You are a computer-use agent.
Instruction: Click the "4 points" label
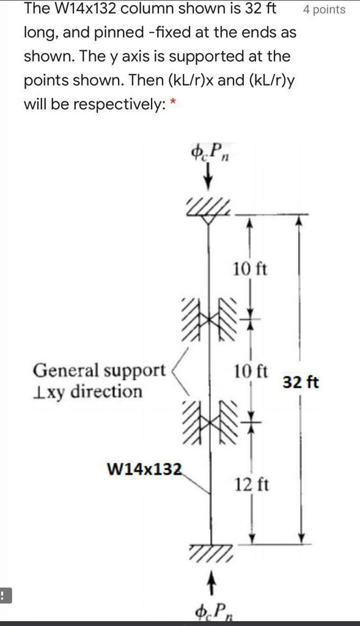(324, 9)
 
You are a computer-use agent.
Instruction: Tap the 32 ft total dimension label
(300, 383)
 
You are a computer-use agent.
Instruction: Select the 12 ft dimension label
(251, 485)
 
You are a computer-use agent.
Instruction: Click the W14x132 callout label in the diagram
(144, 469)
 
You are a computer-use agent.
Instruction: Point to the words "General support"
(99, 370)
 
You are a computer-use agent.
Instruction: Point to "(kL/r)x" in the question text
(190, 80)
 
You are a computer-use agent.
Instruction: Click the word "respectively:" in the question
(117, 104)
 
